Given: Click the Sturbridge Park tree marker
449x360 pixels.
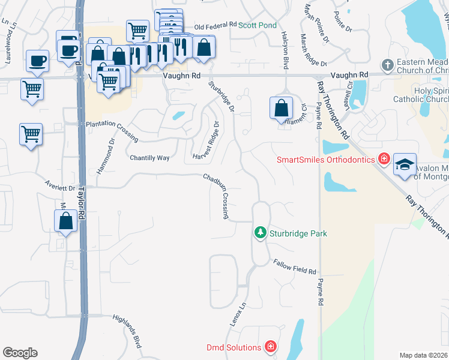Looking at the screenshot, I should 260,232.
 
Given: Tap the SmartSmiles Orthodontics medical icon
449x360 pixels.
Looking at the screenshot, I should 384,160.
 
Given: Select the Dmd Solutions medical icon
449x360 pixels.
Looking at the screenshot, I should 271,347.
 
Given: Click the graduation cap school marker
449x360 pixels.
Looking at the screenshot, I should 405,164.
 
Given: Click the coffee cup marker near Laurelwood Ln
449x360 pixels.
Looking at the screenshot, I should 37,61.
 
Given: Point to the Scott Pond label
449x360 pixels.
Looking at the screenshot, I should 258,25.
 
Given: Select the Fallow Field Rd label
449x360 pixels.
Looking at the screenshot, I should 294,268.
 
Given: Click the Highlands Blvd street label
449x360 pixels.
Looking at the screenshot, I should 129,334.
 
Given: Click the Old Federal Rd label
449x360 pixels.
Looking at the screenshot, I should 217,25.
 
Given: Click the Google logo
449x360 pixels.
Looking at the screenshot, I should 20,353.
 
